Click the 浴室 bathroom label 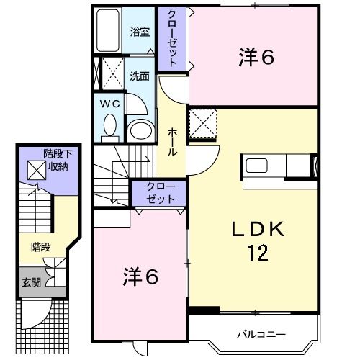click(x=139, y=32)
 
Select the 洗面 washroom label click(x=139, y=75)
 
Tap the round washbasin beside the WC click(x=139, y=130)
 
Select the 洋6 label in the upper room click(x=256, y=58)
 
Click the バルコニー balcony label click(x=262, y=334)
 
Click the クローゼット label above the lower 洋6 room click(x=160, y=194)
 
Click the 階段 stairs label click(x=40, y=246)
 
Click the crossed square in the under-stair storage click(x=35, y=170)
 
